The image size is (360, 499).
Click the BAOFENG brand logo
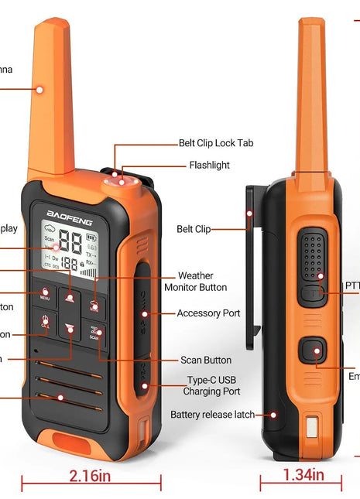68,221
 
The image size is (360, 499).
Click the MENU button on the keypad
46,295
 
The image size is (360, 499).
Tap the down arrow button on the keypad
70,329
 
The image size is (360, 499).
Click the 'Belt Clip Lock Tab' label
215,143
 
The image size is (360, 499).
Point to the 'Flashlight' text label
209,165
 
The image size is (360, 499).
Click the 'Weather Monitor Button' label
195,282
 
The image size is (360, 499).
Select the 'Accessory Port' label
208,313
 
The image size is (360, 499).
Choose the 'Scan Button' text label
206,360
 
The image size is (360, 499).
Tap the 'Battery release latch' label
212,415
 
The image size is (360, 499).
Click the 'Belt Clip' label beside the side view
194,229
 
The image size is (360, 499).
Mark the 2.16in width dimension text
91,474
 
